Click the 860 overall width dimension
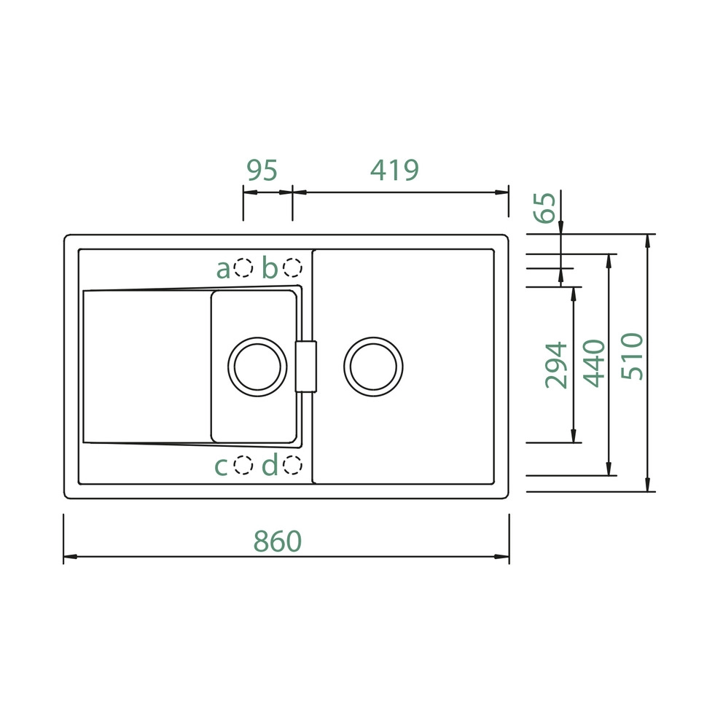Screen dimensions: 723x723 click(x=278, y=541)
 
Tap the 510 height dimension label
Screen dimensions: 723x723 click(x=632, y=356)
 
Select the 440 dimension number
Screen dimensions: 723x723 click(x=594, y=364)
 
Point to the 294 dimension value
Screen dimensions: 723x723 click(x=556, y=364)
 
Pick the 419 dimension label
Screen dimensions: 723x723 click(x=395, y=170)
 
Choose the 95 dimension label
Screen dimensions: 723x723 click(x=262, y=170)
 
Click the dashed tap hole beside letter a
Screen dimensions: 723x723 click(x=243, y=267)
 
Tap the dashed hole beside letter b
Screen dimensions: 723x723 click(x=292, y=267)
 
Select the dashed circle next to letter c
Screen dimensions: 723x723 click(x=243, y=465)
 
